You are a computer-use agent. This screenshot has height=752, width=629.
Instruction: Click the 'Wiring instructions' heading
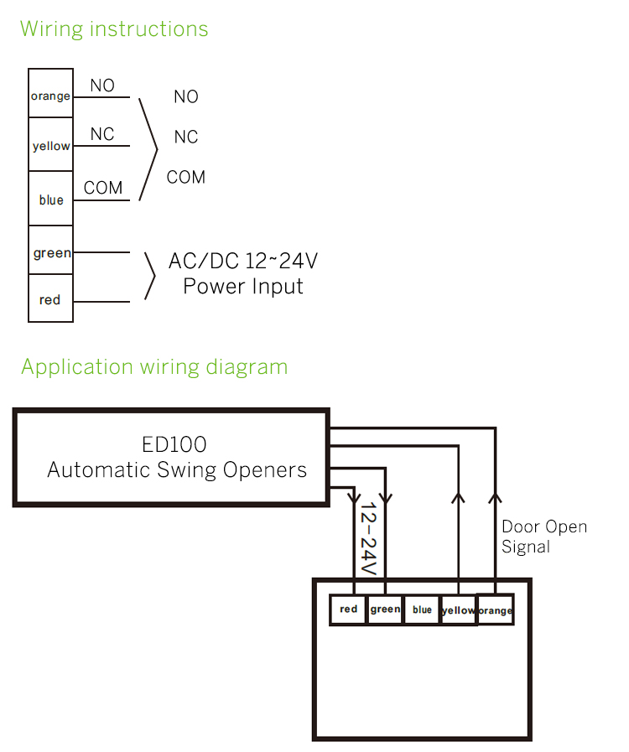coord(114,29)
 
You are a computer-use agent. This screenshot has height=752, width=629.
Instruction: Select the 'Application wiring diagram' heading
coord(154,367)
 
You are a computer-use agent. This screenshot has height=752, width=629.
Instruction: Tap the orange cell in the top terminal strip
coord(50,95)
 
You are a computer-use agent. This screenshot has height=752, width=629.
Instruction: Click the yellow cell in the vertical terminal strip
coord(50,146)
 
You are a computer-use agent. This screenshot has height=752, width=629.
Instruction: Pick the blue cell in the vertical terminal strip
coord(50,200)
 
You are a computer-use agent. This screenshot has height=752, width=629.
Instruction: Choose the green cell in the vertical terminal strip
coord(50,252)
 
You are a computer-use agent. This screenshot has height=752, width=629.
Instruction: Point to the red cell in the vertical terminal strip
coord(50,299)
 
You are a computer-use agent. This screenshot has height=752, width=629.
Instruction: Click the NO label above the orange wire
coord(102,86)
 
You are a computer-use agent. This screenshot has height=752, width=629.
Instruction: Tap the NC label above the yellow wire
coord(102,134)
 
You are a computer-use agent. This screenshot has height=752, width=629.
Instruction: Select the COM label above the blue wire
coord(103,188)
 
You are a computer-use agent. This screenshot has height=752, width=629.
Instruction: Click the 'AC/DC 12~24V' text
coord(243,261)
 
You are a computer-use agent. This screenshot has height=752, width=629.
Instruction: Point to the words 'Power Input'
coord(243,287)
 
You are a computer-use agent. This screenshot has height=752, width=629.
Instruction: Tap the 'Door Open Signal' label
coord(544,537)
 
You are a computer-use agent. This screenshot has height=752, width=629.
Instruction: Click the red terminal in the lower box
coord(349,609)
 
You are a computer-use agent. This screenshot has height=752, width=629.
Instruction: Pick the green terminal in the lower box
coord(385,609)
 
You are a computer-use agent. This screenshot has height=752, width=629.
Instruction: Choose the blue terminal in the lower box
coord(422,609)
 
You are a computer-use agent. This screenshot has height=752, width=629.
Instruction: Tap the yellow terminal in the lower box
coord(458,610)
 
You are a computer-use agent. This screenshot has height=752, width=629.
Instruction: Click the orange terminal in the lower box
coord(495,610)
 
